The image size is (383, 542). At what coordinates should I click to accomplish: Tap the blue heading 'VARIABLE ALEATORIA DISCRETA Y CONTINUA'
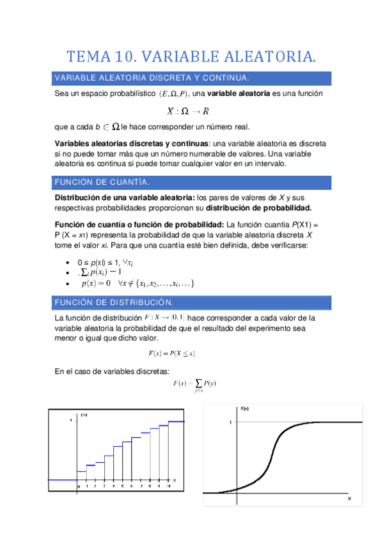[152, 77]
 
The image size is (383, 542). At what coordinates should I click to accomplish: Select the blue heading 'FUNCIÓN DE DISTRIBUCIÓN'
[114, 302]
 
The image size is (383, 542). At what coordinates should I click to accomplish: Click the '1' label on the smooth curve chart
[230, 422]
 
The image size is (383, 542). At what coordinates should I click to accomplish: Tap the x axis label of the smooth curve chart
[349, 497]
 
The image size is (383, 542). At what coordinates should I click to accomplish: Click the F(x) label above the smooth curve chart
[244, 408]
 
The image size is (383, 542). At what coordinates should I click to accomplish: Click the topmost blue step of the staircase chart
[176, 421]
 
